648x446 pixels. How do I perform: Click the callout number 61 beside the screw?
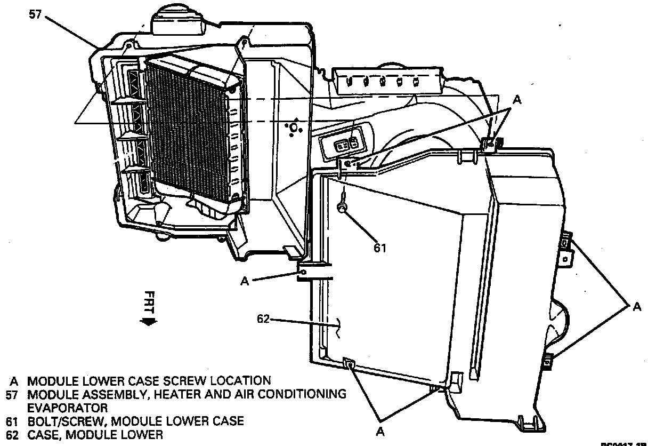pyautogui.click(x=379, y=248)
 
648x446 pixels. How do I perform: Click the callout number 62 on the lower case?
pyautogui.click(x=263, y=319)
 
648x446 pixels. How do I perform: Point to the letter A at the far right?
pyautogui.click(x=637, y=306)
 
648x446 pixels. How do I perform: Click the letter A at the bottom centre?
pyautogui.click(x=379, y=431)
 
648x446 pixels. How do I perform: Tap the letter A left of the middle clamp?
pyautogui.click(x=245, y=281)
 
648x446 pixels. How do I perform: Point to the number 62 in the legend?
pyautogui.click(x=13, y=435)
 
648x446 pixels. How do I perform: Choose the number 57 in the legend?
pyautogui.click(x=13, y=395)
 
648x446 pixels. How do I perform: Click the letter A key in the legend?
pyautogui.click(x=14, y=381)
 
